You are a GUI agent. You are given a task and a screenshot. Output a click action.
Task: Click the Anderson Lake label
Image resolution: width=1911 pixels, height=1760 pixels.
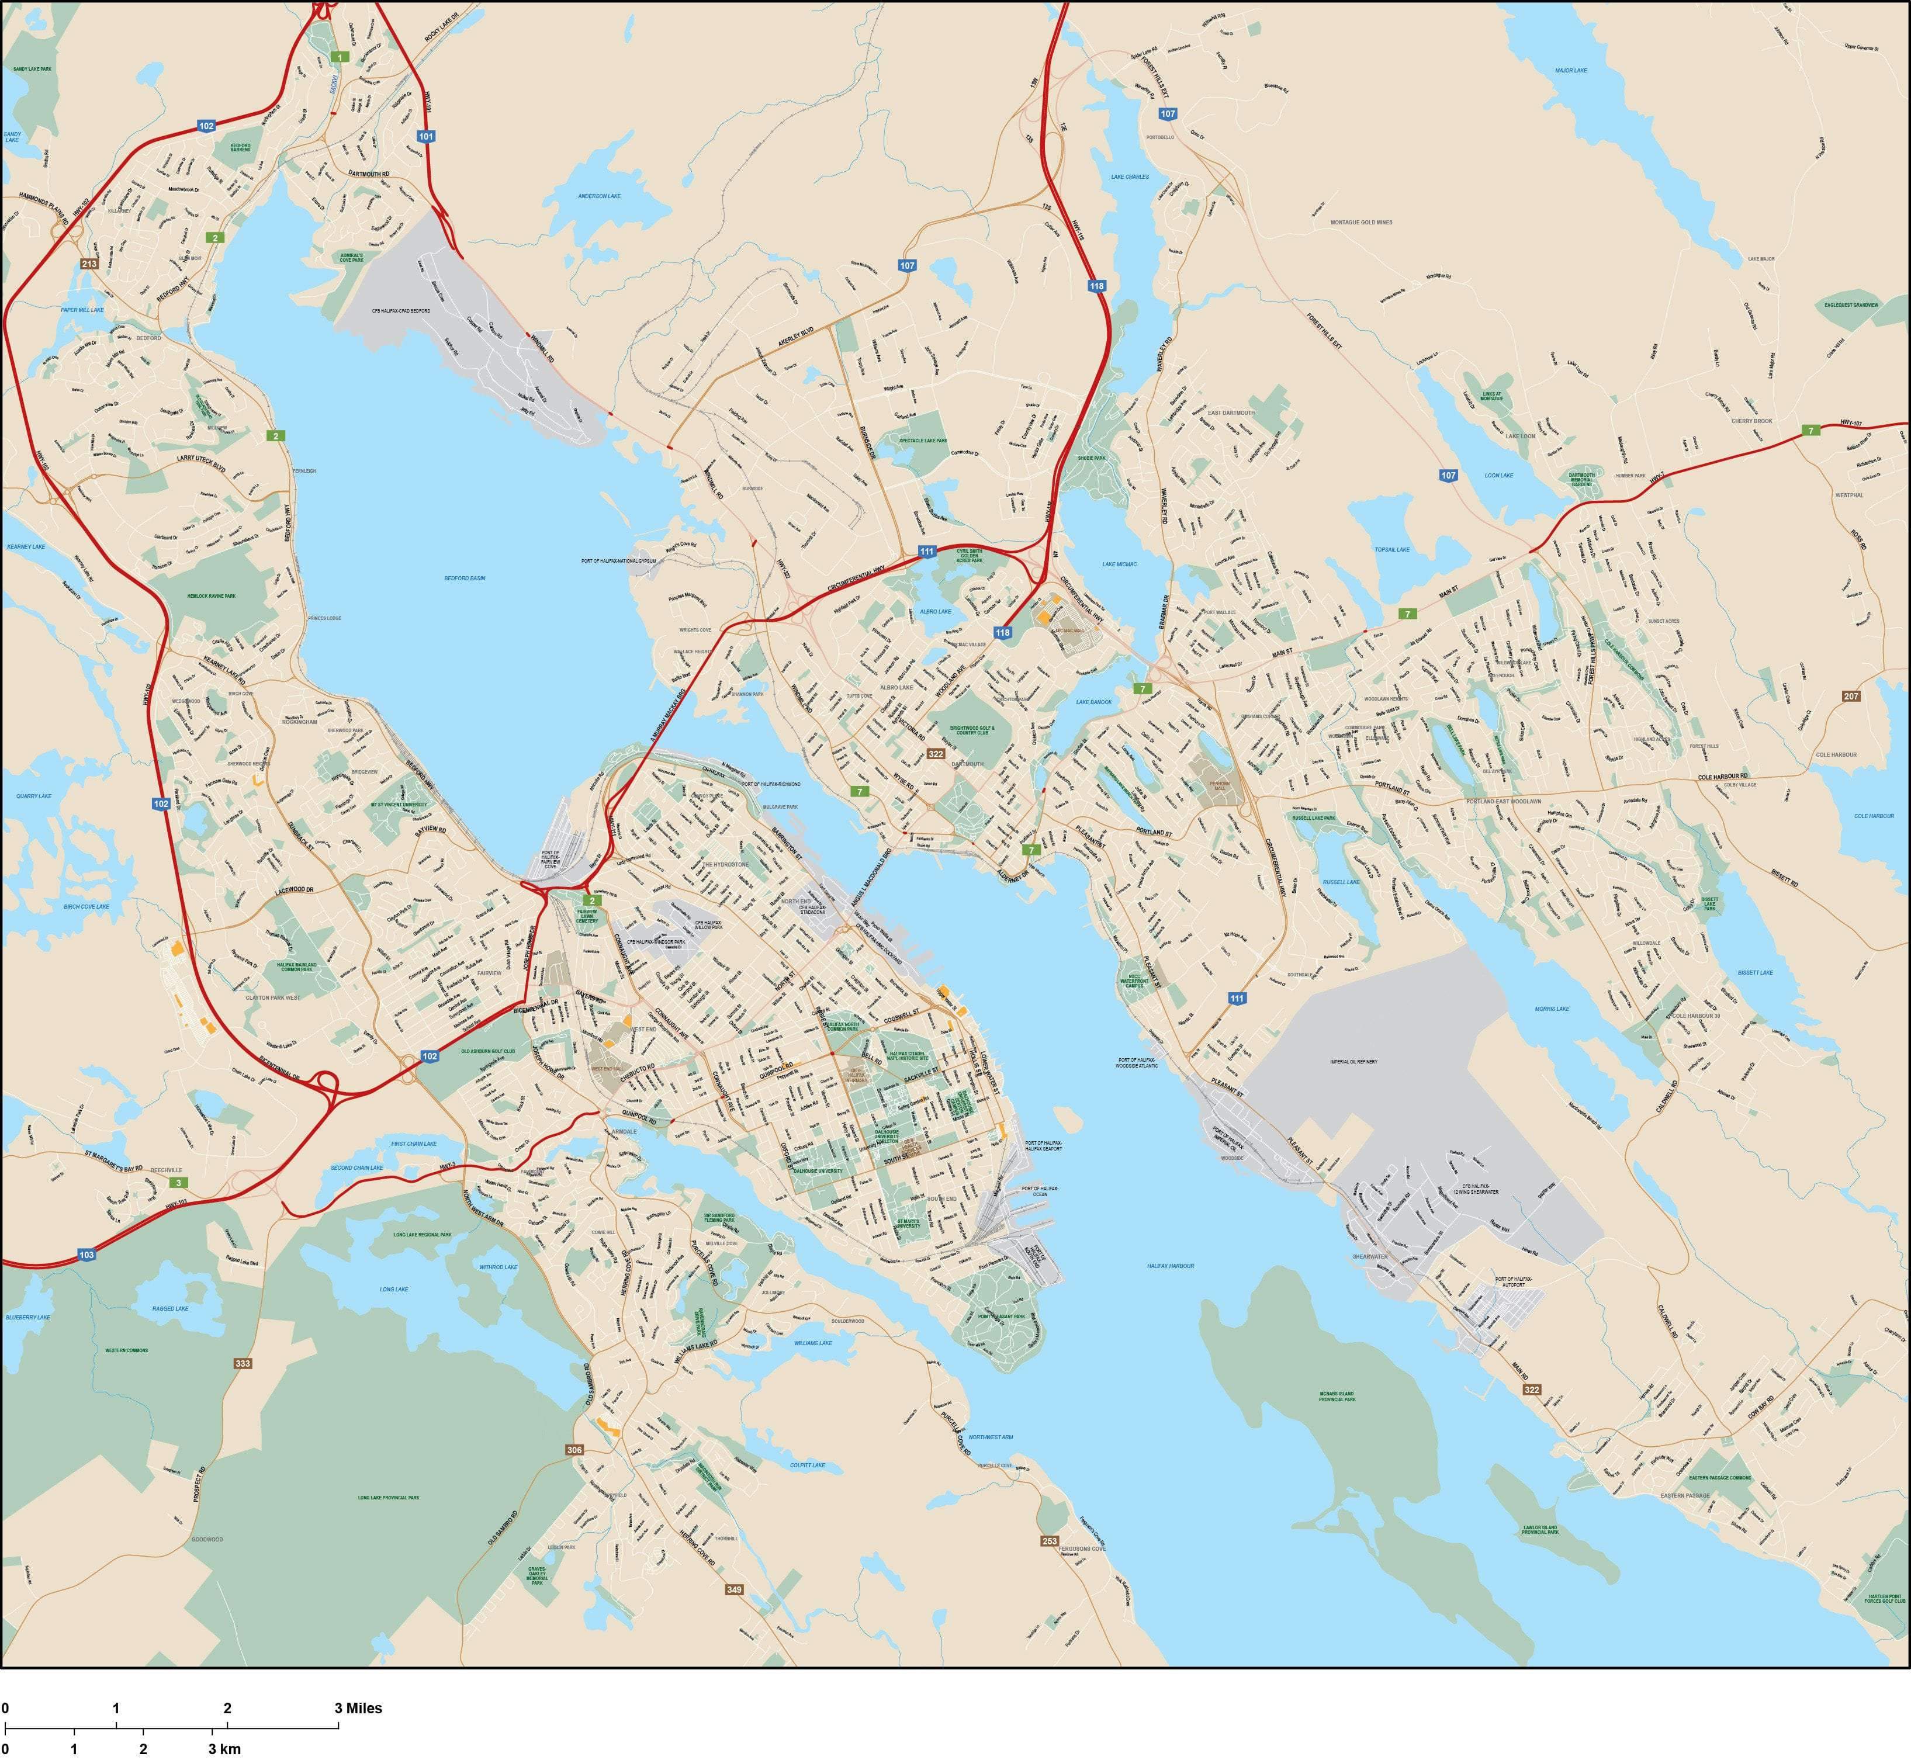coord(599,196)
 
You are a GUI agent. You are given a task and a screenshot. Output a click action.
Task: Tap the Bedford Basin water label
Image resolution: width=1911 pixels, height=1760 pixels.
coord(465,578)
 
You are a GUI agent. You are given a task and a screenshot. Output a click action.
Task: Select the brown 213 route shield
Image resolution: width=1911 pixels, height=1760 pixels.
coord(89,264)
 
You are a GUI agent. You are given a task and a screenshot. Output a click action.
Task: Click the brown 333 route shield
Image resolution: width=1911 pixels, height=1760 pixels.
coord(243,1364)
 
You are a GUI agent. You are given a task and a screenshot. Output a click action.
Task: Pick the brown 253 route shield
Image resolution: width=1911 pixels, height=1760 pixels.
coord(1050,1541)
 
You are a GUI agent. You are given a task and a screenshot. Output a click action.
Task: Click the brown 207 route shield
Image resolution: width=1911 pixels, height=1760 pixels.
coord(1851,696)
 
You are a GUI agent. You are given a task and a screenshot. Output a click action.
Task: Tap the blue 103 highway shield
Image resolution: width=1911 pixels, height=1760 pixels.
coord(86,1255)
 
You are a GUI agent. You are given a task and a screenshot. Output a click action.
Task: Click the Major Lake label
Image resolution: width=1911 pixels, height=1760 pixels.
coord(1571,71)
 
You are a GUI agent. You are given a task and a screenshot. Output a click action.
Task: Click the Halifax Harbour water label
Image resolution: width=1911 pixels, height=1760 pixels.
coord(1170,1266)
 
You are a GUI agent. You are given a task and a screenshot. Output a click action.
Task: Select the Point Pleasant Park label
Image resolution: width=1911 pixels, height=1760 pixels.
coord(1000,1316)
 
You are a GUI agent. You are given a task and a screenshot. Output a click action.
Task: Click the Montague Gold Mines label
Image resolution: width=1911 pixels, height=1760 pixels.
coord(1361,222)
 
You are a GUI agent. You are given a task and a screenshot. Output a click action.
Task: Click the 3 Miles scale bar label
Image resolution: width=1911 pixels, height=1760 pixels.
coord(358,1707)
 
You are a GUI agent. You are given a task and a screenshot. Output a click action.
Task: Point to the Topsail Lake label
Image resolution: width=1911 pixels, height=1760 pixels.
coord(1391,549)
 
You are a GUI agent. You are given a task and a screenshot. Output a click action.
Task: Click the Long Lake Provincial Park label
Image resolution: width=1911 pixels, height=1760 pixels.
coord(389,1497)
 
